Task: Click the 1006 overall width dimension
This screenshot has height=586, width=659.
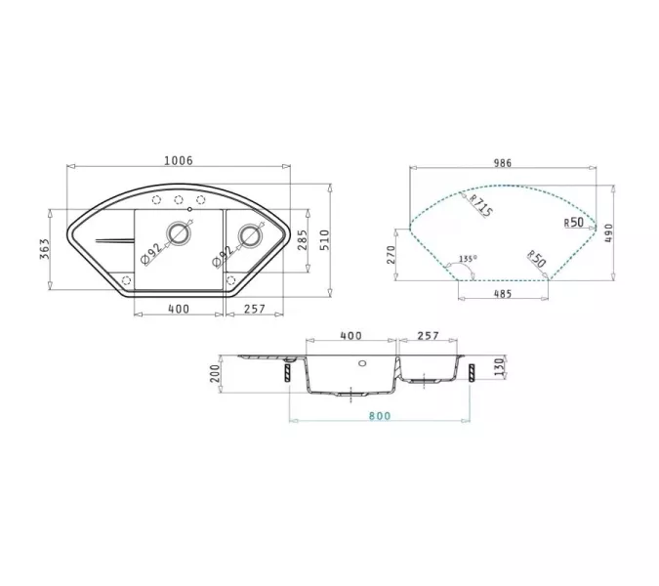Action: click(x=179, y=161)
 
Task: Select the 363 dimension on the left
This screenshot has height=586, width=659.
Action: click(x=46, y=252)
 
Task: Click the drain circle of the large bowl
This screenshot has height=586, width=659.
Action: click(x=178, y=234)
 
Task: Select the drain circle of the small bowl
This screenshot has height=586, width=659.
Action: click(x=251, y=235)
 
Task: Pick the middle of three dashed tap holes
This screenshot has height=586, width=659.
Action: click(x=179, y=202)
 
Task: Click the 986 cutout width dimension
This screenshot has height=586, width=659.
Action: click(x=502, y=163)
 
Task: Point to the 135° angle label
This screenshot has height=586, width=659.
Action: click(x=468, y=259)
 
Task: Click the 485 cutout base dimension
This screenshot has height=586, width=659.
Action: click(x=502, y=294)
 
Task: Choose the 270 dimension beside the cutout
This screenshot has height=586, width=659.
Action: click(x=391, y=255)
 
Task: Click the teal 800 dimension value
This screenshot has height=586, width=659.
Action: click(x=380, y=416)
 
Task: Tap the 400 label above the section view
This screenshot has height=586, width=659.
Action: click(x=350, y=335)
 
